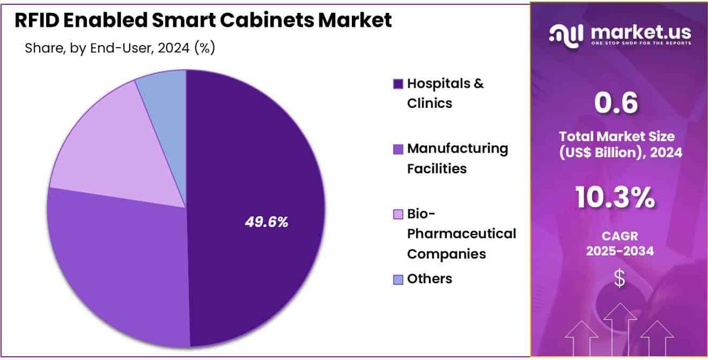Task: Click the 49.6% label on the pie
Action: coord(266,222)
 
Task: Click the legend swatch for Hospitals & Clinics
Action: coord(398,84)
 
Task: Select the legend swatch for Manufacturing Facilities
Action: coord(398,149)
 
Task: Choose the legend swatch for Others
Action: coord(398,279)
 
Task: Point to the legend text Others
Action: coord(430,279)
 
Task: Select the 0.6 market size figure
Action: coord(616,103)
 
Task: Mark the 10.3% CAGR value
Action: coord(615,197)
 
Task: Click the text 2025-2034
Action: coord(619,251)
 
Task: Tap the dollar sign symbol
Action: coord(619,278)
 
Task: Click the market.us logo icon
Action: coord(566,35)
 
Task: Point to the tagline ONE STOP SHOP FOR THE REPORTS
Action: coord(640,43)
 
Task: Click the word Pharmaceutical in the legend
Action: coord(461,234)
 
